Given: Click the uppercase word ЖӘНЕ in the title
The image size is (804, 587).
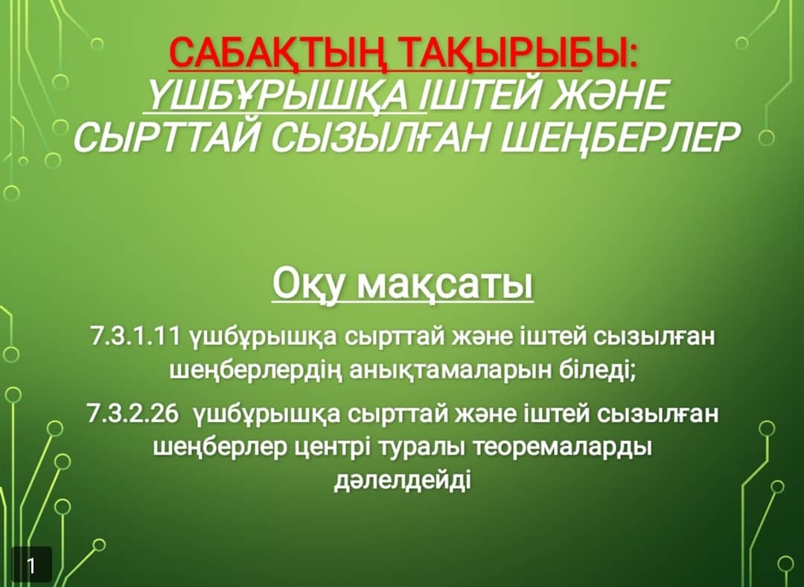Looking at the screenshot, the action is click(607, 95).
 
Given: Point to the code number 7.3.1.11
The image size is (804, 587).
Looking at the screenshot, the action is click(135, 337).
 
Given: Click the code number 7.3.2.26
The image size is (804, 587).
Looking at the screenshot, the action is click(133, 413).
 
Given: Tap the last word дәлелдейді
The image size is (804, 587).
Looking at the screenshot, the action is click(403, 481).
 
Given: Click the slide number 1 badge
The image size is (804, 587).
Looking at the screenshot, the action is click(31, 565).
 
